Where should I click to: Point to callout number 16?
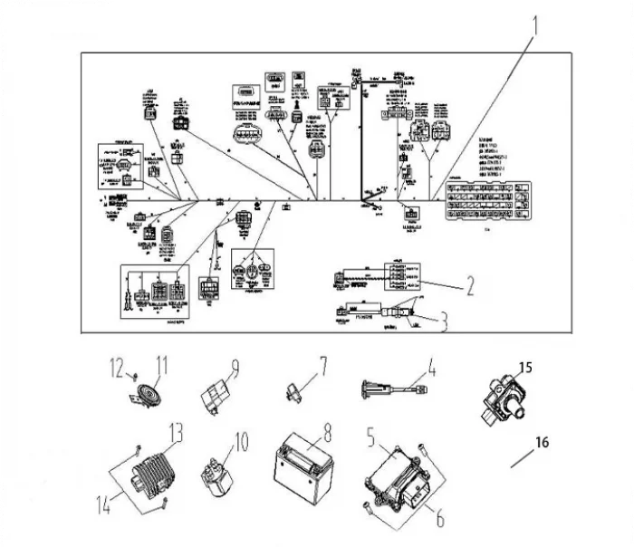[x=541, y=442]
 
